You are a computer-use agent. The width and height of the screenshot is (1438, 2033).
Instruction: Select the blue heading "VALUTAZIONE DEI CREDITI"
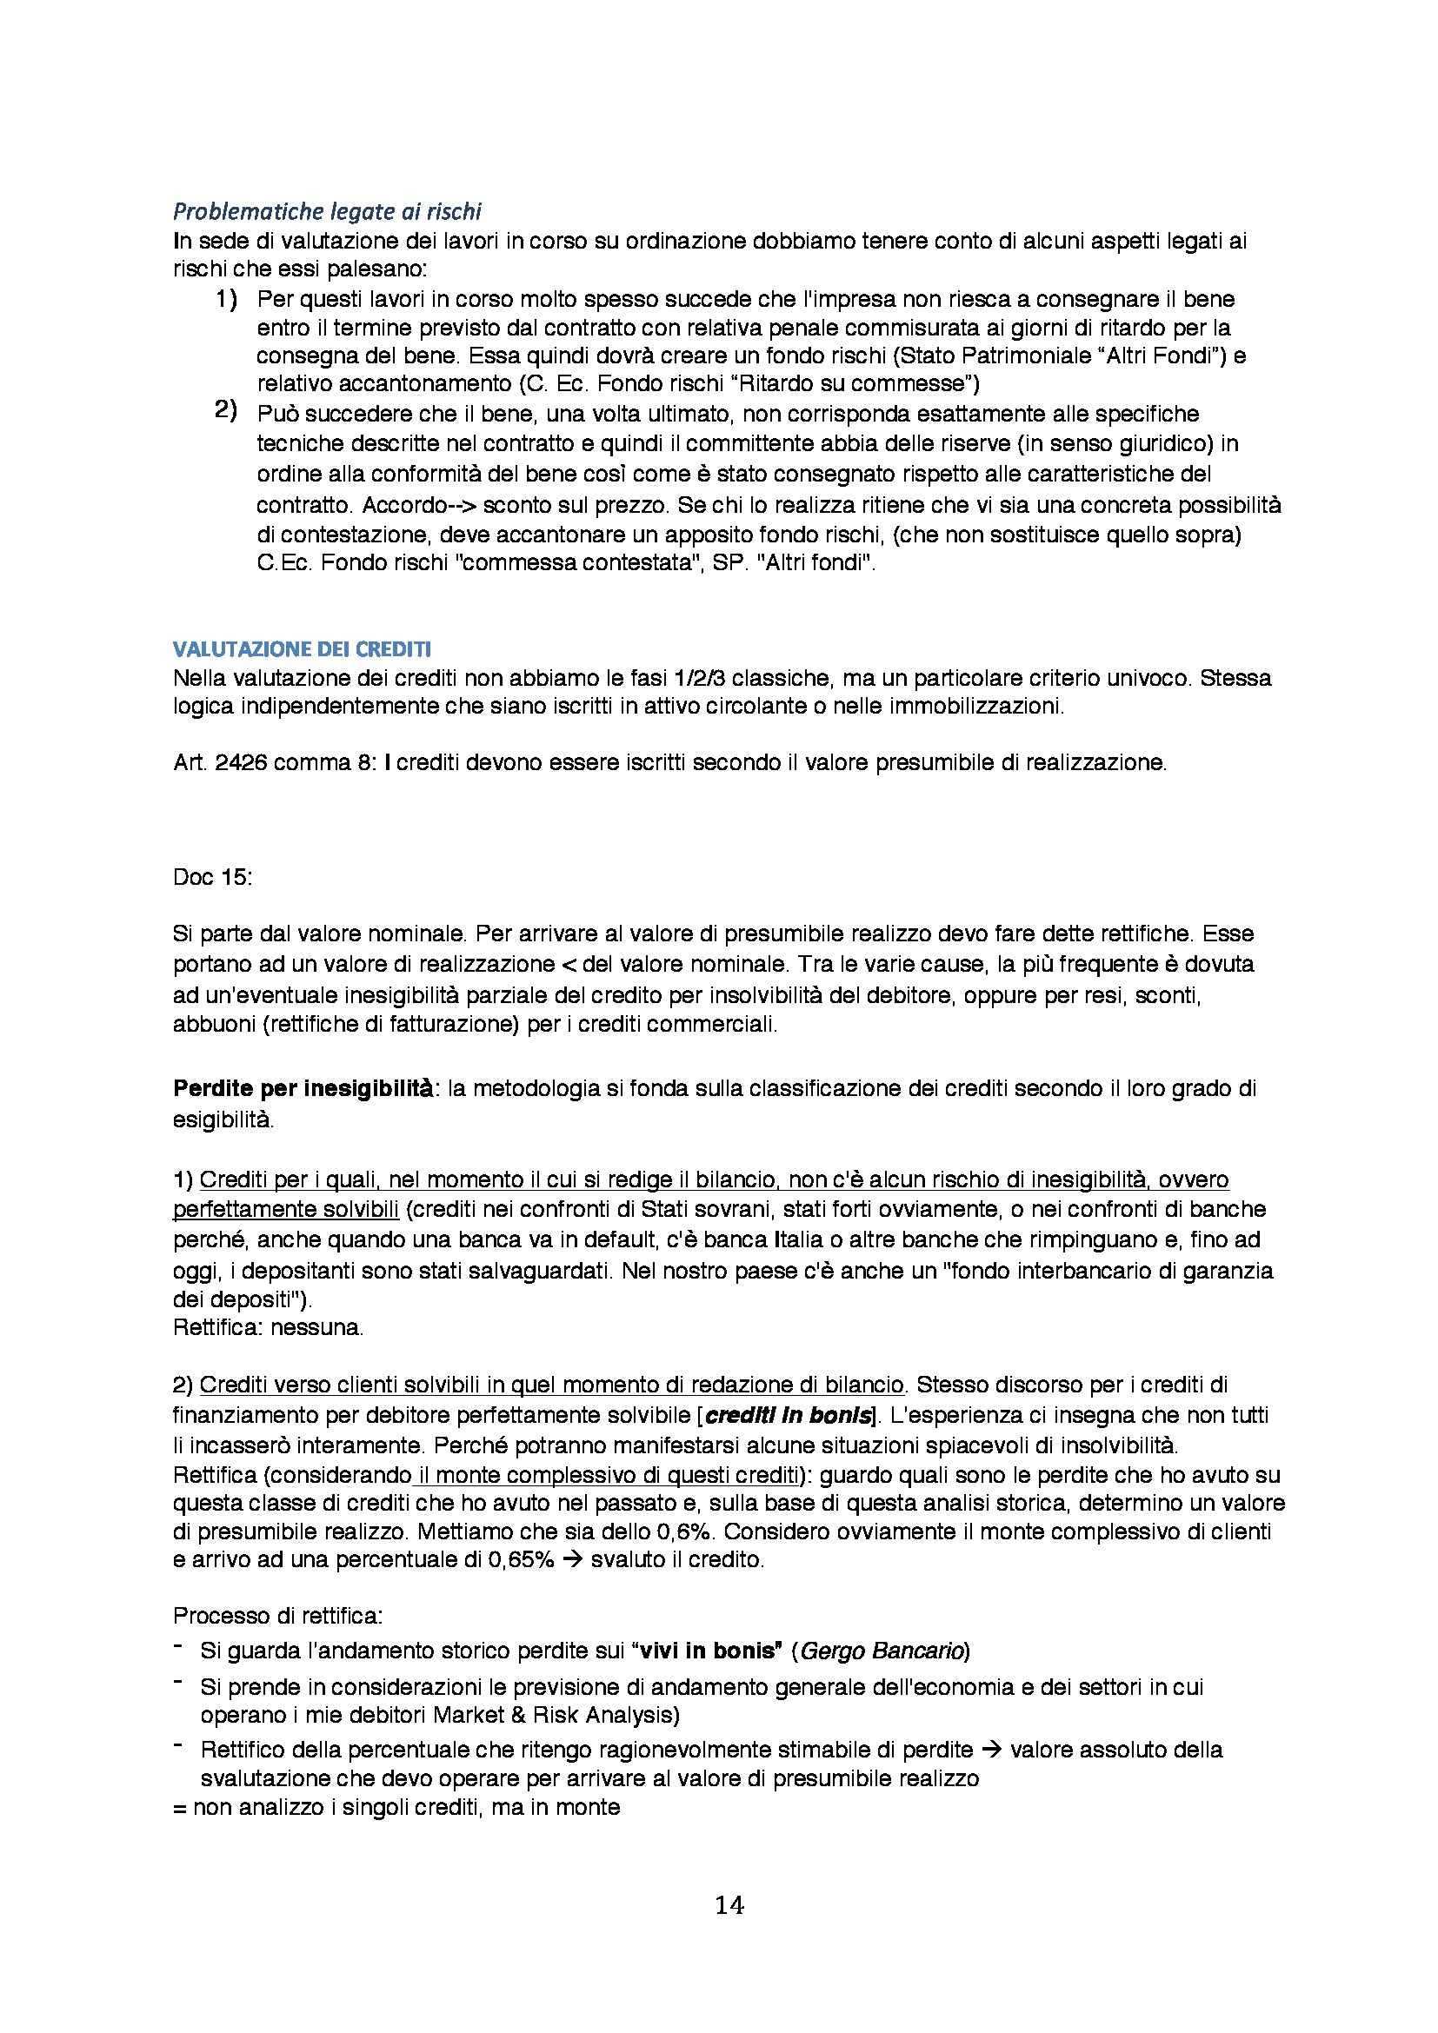point(302,650)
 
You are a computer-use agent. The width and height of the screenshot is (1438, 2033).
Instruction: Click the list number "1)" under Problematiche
point(226,301)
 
